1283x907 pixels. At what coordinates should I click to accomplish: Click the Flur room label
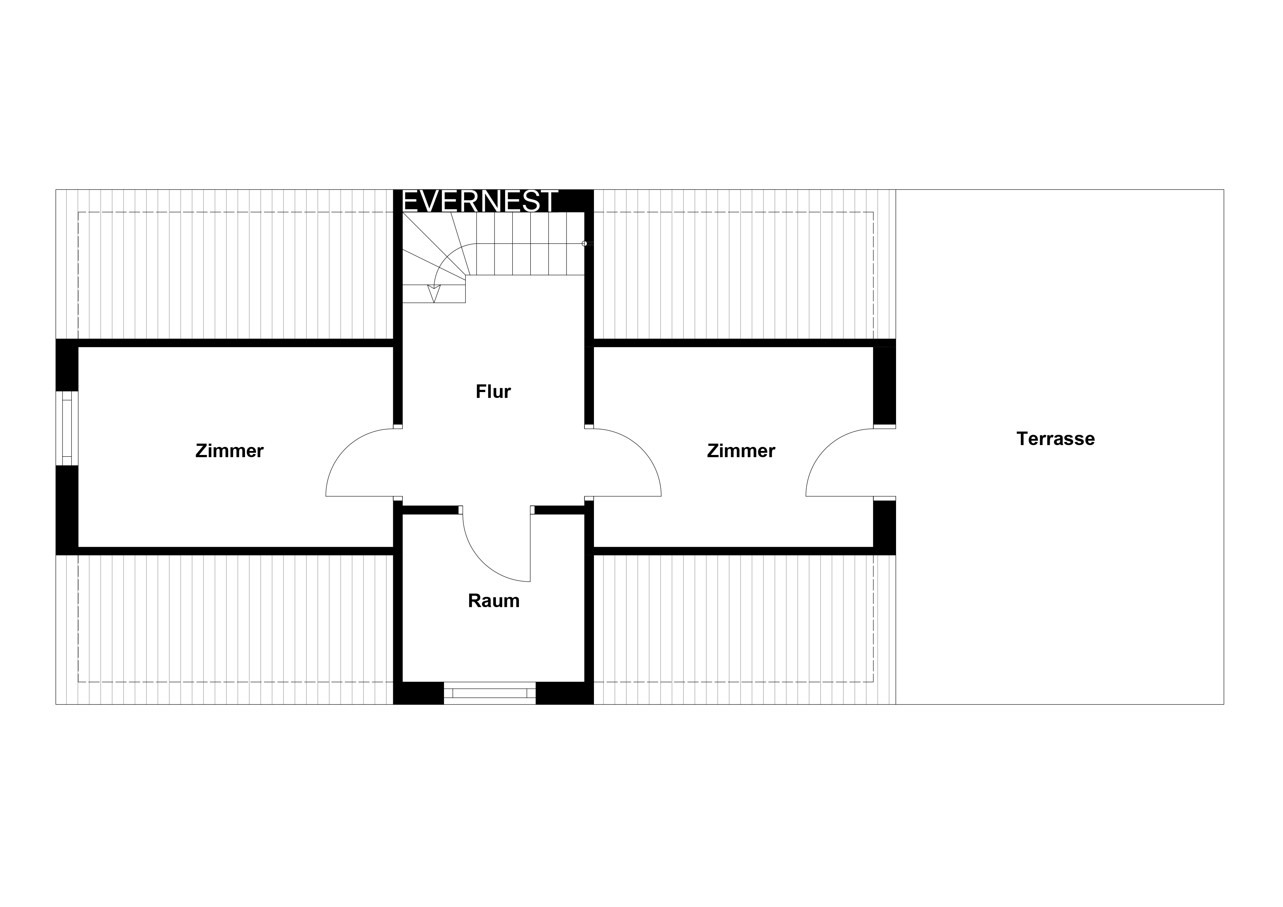pyautogui.click(x=493, y=392)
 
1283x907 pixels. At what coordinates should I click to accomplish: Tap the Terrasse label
pyautogui.click(x=1056, y=439)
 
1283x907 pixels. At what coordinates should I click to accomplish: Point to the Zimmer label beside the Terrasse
pyautogui.click(x=741, y=451)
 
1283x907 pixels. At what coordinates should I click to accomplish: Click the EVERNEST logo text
pyautogui.click(x=480, y=201)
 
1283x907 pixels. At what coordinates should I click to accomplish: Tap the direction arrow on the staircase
pyautogui.click(x=434, y=293)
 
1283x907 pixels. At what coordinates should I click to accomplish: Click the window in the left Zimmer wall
pyautogui.click(x=67, y=428)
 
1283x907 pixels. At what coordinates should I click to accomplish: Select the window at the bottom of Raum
pyautogui.click(x=490, y=693)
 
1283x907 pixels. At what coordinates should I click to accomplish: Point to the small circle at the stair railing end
pyautogui.click(x=584, y=244)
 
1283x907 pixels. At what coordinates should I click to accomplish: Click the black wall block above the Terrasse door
pyautogui.click(x=885, y=385)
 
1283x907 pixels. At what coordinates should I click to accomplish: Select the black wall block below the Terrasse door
pyautogui.click(x=885, y=527)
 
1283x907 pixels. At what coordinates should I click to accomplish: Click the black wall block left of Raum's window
pyautogui.click(x=418, y=693)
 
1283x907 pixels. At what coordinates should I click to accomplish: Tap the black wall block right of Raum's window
pyautogui.click(x=564, y=693)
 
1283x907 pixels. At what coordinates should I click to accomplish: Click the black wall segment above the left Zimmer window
pyautogui.click(x=67, y=365)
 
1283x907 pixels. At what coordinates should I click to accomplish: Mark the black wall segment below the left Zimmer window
pyautogui.click(x=67, y=510)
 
